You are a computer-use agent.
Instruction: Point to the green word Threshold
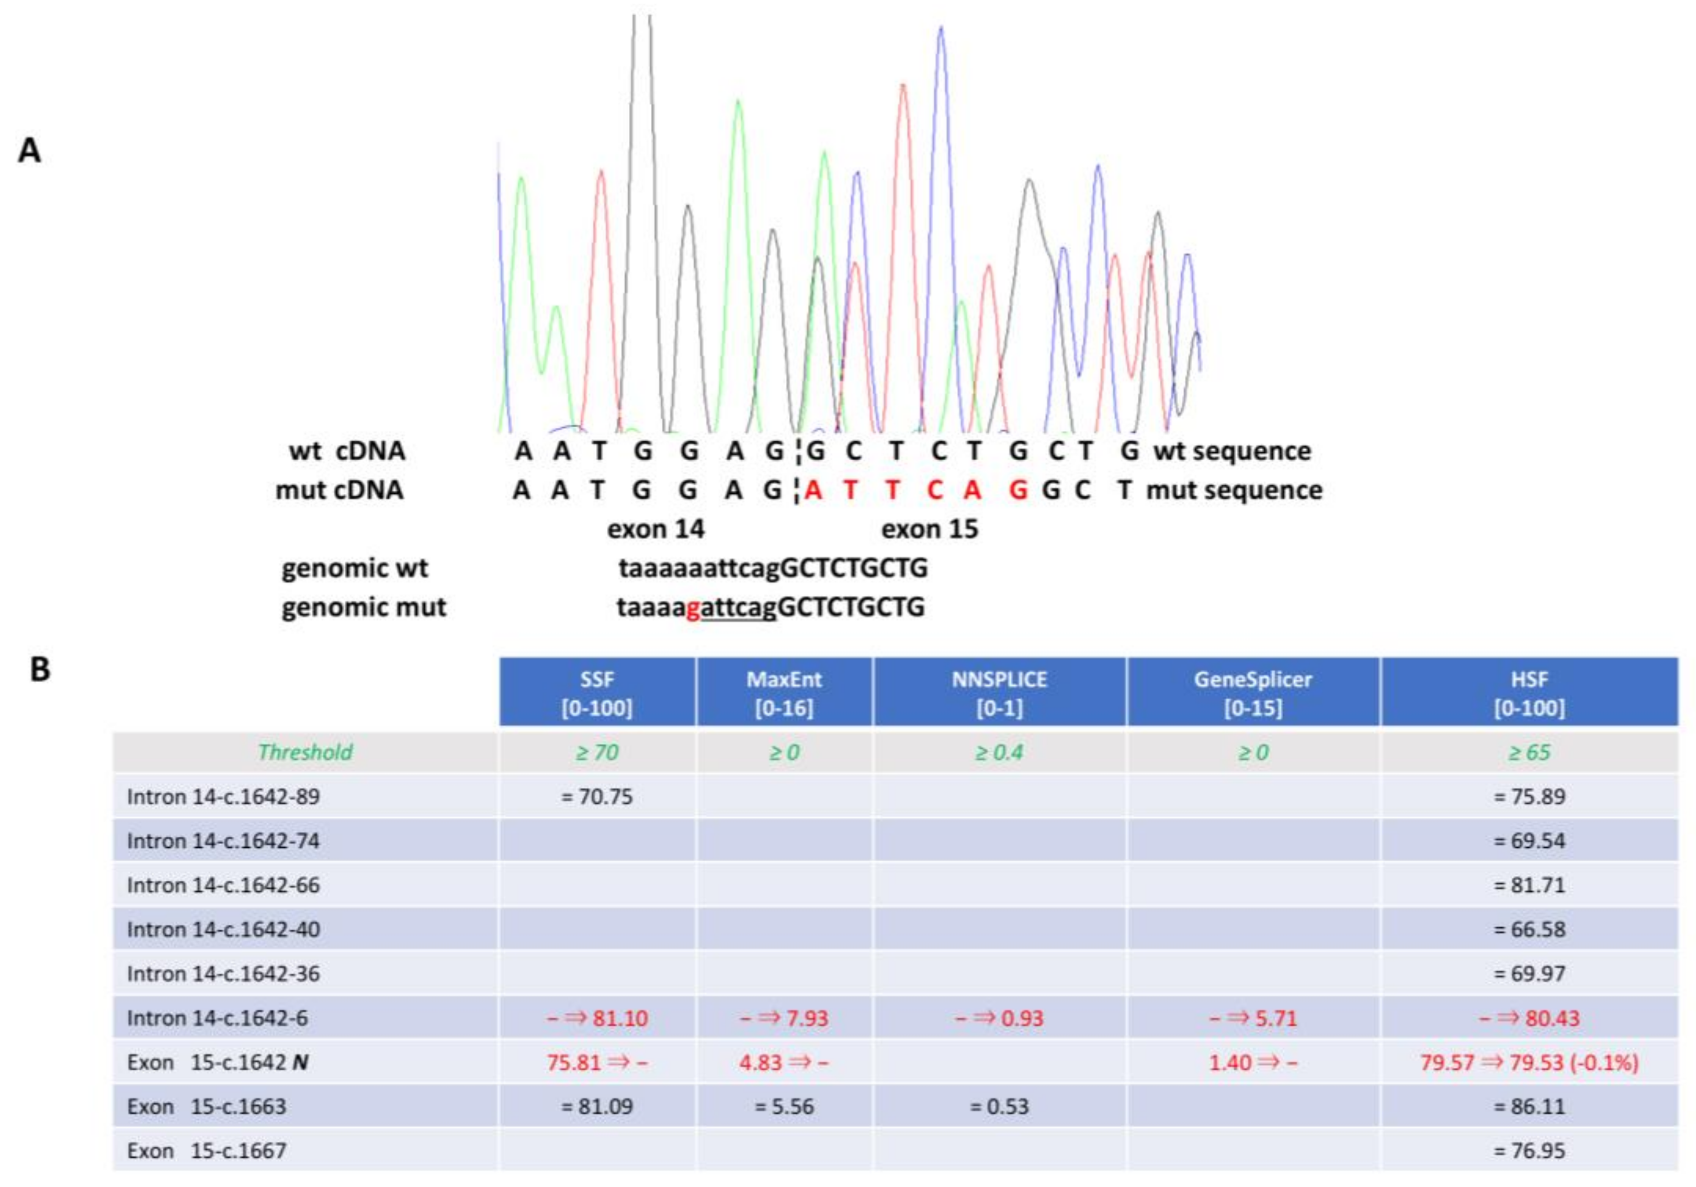click(x=305, y=752)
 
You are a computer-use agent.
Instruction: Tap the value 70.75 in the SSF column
click(x=597, y=797)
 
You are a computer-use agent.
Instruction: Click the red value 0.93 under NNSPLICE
click(x=999, y=1018)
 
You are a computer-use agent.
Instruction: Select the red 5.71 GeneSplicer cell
click(x=1253, y=1018)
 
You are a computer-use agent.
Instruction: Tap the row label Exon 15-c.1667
click(x=207, y=1151)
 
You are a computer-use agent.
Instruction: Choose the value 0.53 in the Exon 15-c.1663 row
click(x=999, y=1106)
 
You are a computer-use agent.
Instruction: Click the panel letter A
click(x=29, y=151)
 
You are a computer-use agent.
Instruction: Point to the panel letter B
click(x=39, y=669)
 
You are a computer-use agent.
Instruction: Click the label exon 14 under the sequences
click(x=655, y=529)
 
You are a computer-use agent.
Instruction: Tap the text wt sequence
click(x=1232, y=451)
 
